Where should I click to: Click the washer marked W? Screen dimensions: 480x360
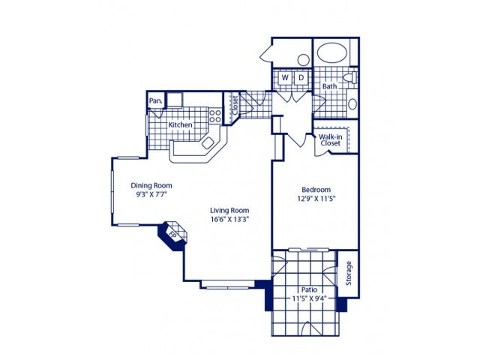(285, 78)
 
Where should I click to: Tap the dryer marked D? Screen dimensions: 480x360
(301, 78)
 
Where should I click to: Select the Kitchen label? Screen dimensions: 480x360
(180, 125)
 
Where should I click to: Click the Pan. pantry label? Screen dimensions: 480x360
(156, 100)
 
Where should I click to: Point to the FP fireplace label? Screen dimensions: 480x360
(172, 235)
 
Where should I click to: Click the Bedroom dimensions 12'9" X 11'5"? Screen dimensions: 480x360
(316, 198)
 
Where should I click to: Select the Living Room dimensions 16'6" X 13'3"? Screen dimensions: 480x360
(229, 219)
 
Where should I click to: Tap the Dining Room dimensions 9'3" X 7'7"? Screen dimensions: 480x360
(151, 194)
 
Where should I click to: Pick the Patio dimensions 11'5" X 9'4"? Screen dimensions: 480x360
(309, 298)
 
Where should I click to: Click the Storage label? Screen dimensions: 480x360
(348, 273)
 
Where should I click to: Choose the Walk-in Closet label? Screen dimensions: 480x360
(331, 140)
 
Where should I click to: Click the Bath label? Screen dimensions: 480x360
(329, 86)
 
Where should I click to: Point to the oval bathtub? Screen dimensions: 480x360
(332, 52)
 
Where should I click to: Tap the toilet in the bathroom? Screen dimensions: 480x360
(350, 77)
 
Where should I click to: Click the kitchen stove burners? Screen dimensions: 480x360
(215, 115)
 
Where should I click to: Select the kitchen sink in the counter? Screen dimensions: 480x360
(208, 143)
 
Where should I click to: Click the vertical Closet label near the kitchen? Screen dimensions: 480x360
(235, 105)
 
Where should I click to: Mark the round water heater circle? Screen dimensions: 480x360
(303, 60)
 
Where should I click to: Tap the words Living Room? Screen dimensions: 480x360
(229, 211)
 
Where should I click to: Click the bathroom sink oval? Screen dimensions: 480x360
(352, 104)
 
